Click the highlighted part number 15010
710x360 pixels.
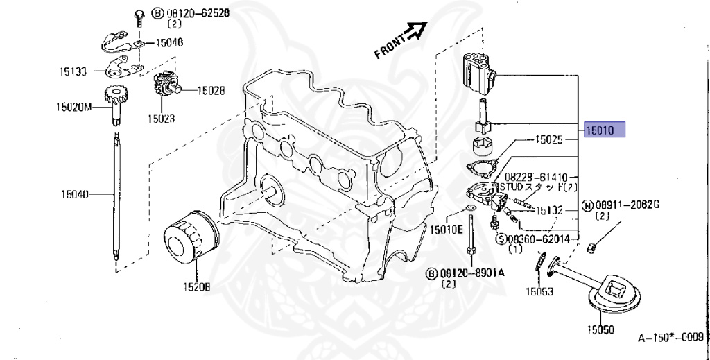pos(605,130)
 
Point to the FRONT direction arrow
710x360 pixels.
pos(415,31)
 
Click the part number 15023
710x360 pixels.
pos(160,119)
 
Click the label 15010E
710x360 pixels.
pos(446,229)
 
